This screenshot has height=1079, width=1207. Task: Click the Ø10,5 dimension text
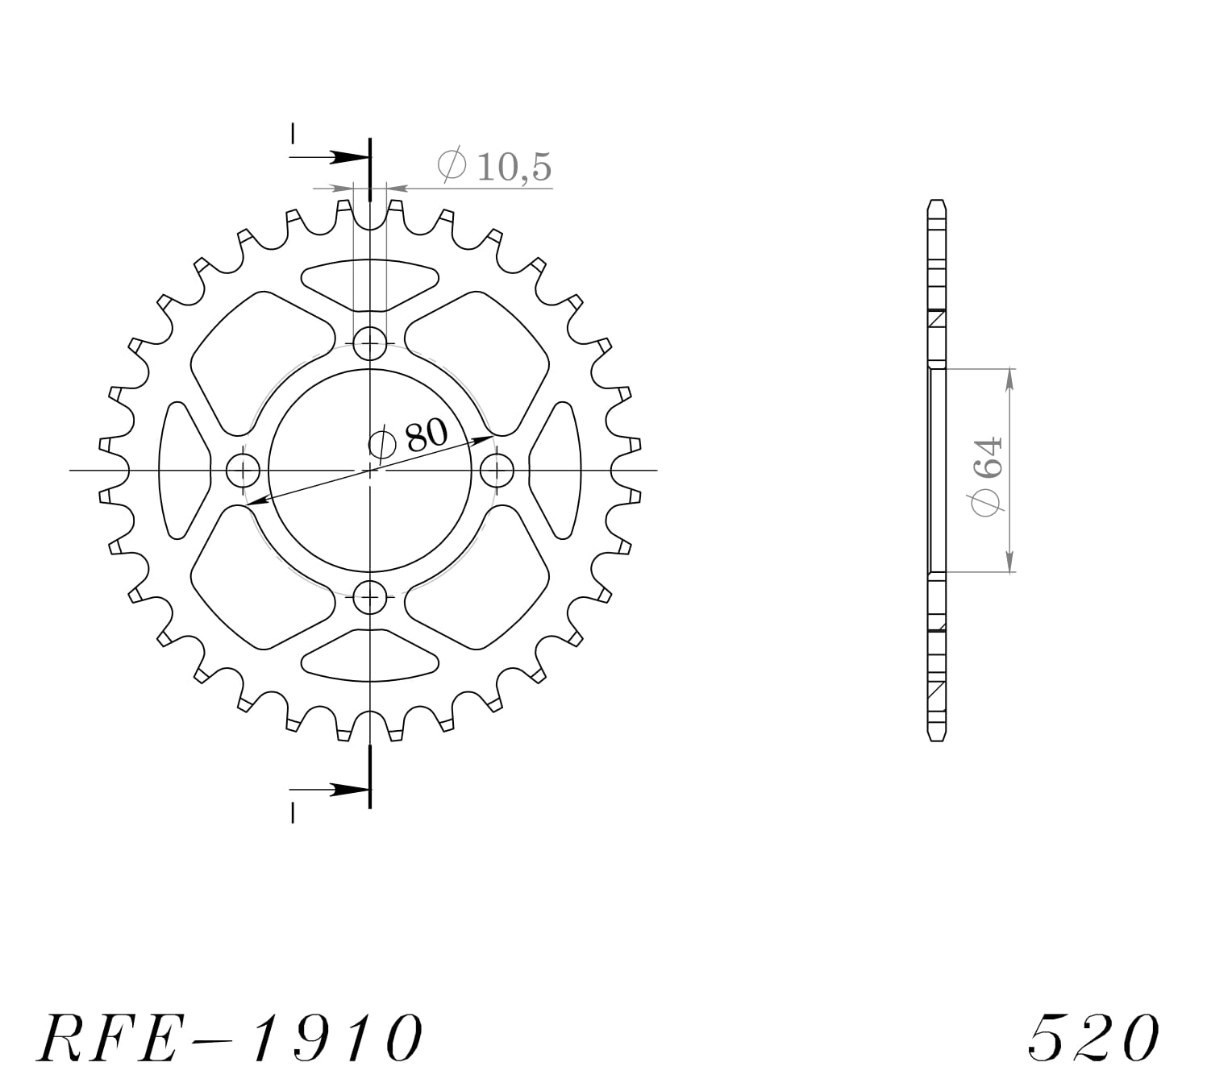tap(494, 166)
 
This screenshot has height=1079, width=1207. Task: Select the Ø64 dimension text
tap(987, 475)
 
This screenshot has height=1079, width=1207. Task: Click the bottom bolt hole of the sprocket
tap(370, 597)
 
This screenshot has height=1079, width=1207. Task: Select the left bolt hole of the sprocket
tap(243, 470)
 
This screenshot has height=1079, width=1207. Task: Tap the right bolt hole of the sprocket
tap(497, 470)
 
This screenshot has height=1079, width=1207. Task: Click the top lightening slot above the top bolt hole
tap(370, 283)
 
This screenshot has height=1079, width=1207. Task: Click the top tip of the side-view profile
tap(936, 203)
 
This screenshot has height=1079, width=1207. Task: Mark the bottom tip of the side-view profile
tap(936, 737)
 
